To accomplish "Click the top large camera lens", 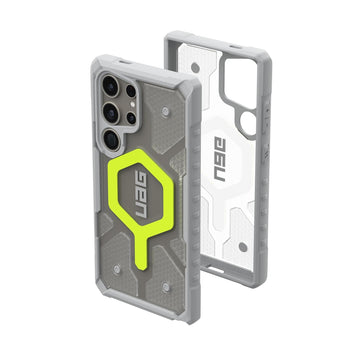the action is point(111,86).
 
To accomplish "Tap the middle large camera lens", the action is point(111,113).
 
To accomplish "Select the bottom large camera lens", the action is point(111,140).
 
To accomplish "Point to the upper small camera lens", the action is point(131,91).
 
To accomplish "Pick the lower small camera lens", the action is point(131,118).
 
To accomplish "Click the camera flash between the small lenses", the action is point(132,104).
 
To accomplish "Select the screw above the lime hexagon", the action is point(164,112).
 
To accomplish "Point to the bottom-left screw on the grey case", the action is point(116,269).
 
